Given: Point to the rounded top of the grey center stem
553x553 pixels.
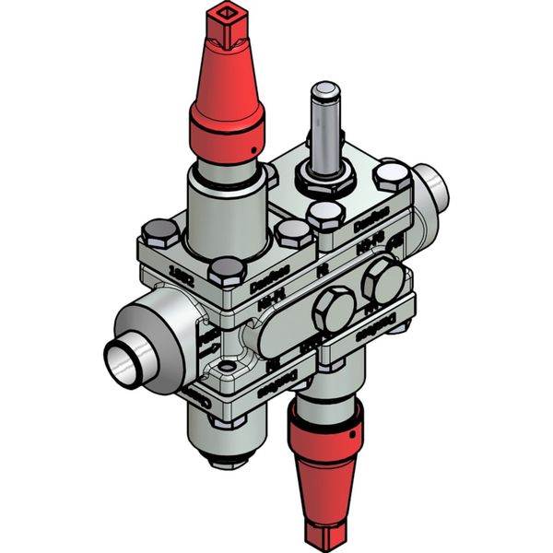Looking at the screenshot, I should click(x=325, y=90).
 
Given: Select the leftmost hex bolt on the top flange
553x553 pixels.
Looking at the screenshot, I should click(x=160, y=232).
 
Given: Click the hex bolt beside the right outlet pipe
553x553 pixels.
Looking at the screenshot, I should click(x=394, y=175).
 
